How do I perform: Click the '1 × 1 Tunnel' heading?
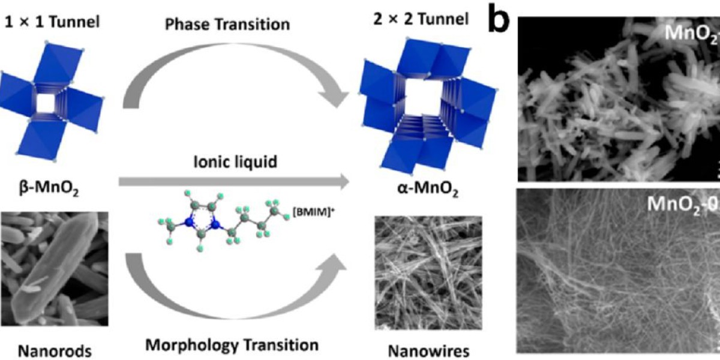(52, 23)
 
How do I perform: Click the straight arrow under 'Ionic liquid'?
(234, 179)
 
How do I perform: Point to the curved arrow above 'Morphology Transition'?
(234, 282)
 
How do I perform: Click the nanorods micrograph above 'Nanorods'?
(54, 268)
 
